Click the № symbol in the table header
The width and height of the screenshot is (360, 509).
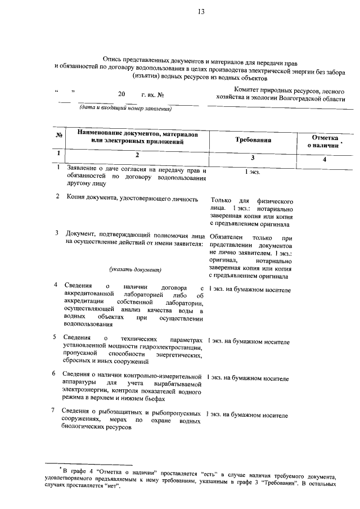click(x=59, y=135)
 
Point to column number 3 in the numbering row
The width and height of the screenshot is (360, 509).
click(x=253, y=158)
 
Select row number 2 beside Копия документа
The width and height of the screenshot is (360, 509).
click(x=58, y=199)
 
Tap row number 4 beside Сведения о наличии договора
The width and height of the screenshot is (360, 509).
click(x=57, y=285)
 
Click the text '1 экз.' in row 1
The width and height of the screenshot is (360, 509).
click(x=253, y=172)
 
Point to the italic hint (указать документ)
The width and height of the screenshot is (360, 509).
click(x=135, y=269)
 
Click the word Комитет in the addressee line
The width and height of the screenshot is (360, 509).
click(x=245, y=90)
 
